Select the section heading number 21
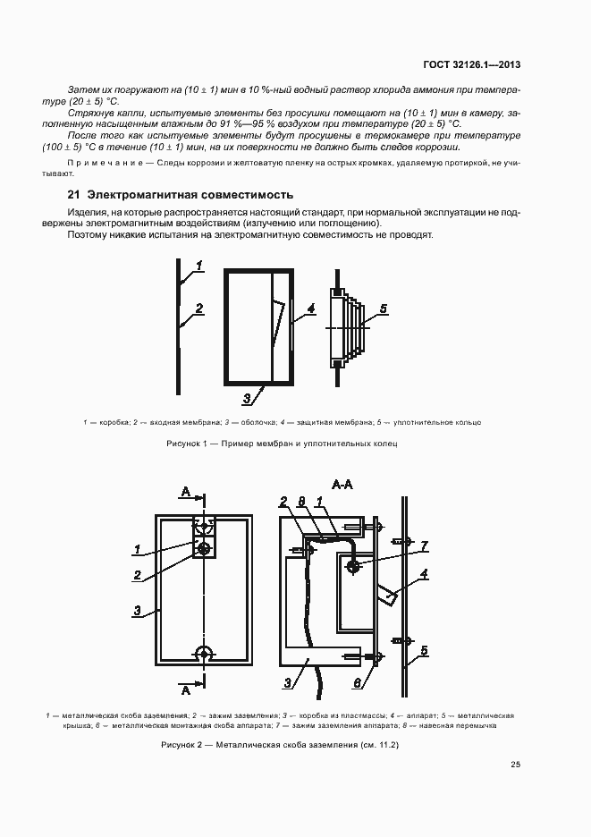(74, 194)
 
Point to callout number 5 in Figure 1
(383, 309)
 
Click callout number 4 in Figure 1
(310, 309)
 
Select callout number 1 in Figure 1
(199, 266)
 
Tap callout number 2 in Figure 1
(199, 309)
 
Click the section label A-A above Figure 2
(343, 485)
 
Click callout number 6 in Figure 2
(359, 682)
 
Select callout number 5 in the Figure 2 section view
(425, 650)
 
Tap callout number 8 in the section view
(302, 502)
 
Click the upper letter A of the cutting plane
(185, 491)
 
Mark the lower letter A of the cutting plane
(185, 690)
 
